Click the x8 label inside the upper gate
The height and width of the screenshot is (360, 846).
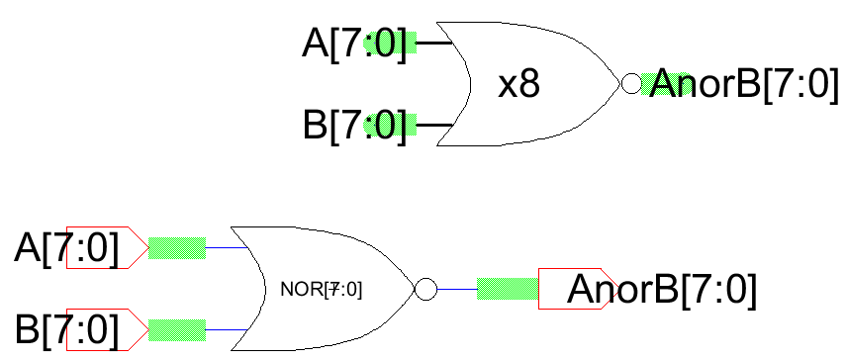pos(518,85)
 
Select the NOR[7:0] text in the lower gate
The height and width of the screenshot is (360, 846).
pos(321,290)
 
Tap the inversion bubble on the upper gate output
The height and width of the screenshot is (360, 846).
pos(630,84)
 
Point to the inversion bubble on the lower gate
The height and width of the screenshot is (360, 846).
pos(425,290)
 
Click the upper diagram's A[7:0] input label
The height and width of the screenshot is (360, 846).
pos(354,45)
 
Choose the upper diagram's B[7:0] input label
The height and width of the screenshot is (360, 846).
pos(354,127)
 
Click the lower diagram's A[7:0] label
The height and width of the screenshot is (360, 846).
pos(66,248)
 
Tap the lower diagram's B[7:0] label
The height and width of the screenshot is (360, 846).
pos(66,329)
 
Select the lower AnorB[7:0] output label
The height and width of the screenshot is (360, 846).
pos(662,289)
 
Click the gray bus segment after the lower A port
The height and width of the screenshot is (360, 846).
pos(176,247)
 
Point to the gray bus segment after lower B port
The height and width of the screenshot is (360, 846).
pos(176,328)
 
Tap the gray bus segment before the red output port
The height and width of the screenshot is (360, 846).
pos(507,289)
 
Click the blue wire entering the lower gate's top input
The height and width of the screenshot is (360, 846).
pos(226,247)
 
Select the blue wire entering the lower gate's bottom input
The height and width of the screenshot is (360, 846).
pos(226,328)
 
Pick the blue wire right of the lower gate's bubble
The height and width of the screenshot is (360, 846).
pos(456,289)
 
